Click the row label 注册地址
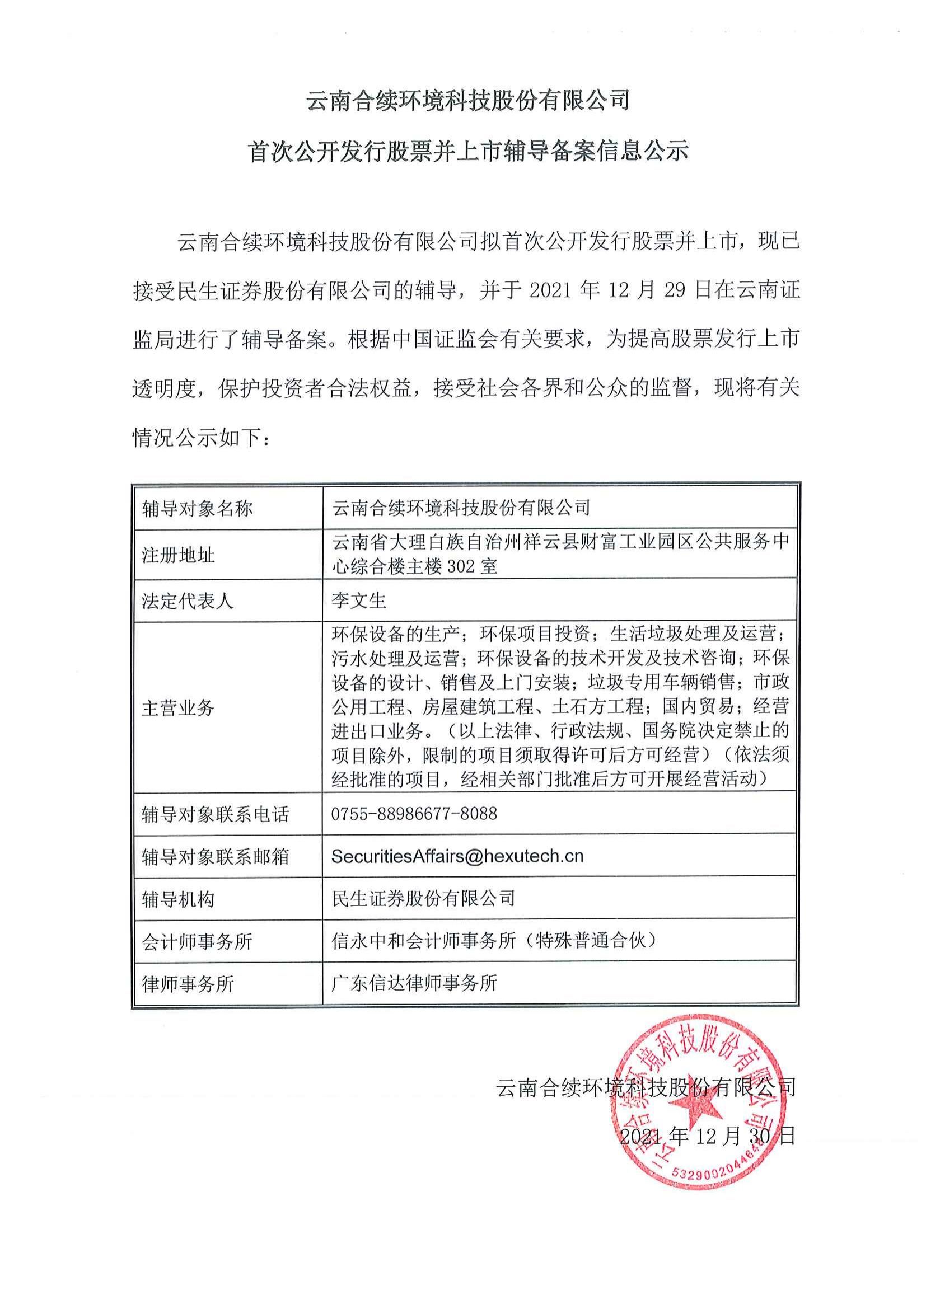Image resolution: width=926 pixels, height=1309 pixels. (x=179, y=555)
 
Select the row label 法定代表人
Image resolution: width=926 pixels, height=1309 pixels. (x=188, y=601)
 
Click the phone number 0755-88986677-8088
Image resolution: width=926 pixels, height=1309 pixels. (x=414, y=814)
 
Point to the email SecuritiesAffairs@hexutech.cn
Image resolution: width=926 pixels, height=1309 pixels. (x=457, y=856)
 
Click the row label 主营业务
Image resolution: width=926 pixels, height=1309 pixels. (x=178, y=708)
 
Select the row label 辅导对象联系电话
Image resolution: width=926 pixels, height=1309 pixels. (x=215, y=814)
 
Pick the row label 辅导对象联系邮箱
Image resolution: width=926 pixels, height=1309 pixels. (x=215, y=857)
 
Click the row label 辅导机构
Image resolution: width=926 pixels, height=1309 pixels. (x=179, y=900)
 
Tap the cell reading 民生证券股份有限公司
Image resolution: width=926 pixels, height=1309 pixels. (x=423, y=899)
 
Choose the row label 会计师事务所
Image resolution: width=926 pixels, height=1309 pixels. (x=197, y=942)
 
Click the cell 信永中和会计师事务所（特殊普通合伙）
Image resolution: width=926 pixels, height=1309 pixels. (x=494, y=941)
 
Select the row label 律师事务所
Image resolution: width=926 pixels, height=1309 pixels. (x=188, y=984)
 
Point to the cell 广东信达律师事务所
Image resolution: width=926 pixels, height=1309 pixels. (x=414, y=983)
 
